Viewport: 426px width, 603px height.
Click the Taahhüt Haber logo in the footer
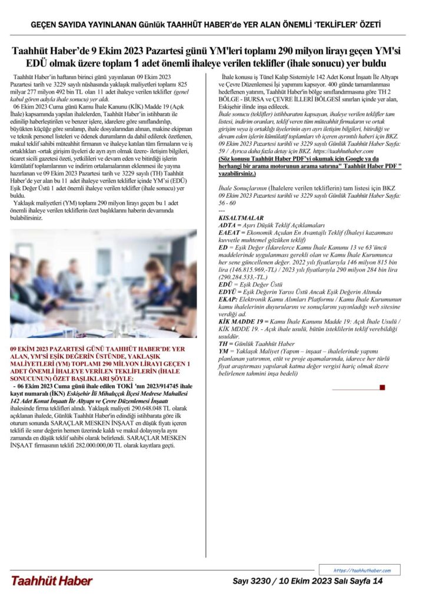pyautogui.click(x=52, y=581)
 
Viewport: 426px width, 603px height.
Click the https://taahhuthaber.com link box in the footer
pyautogui.click(x=361, y=570)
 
